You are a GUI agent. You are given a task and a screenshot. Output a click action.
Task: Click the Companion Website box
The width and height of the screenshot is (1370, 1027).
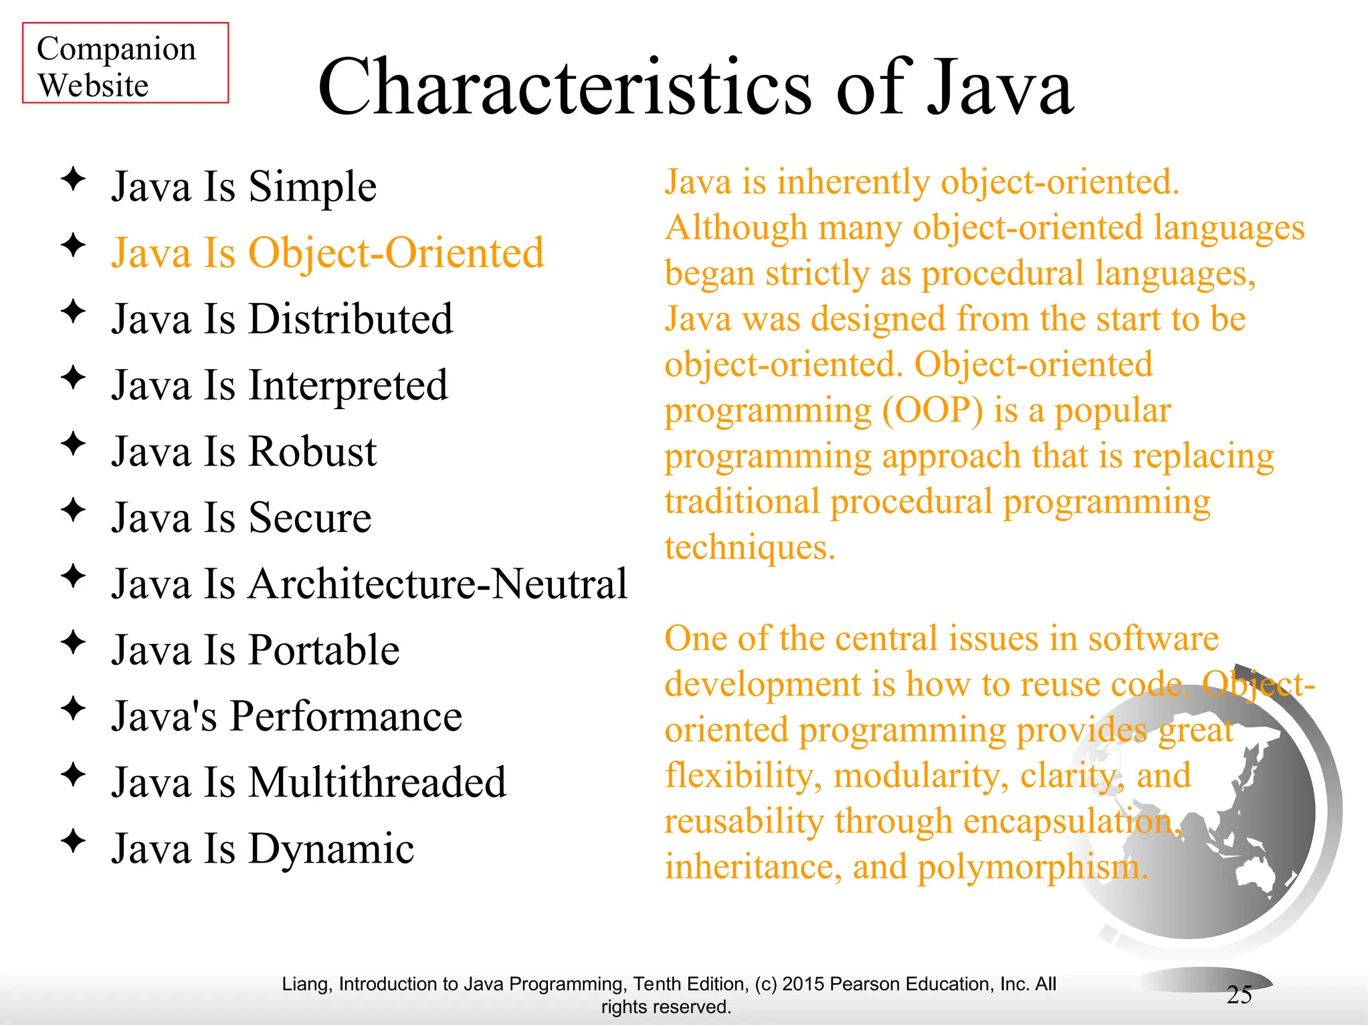click(125, 64)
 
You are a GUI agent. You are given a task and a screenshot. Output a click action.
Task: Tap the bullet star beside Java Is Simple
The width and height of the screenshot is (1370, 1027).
click(73, 179)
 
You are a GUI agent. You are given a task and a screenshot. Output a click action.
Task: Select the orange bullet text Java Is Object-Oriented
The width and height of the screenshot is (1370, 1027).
click(327, 253)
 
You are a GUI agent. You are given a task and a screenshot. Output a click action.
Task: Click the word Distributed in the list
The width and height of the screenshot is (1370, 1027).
click(351, 319)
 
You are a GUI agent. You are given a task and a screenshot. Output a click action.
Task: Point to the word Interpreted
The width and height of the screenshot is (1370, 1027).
click(348, 386)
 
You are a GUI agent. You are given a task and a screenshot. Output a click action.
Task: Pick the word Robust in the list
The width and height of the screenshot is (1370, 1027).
click(312, 451)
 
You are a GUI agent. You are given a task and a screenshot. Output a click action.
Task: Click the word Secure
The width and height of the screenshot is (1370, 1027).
click(310, 518)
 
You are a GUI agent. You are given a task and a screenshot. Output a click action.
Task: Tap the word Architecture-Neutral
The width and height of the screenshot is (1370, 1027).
click(437, 584)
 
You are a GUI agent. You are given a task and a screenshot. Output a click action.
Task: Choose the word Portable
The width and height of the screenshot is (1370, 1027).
click(324, 650)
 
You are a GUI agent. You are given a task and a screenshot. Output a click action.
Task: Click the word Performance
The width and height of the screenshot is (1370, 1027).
click(346, 716)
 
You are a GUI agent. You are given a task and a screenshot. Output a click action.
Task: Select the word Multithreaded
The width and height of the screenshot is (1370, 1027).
click(377, 782)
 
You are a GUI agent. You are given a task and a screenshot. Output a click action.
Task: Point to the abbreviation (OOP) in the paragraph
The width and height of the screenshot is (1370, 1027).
click(933, 411)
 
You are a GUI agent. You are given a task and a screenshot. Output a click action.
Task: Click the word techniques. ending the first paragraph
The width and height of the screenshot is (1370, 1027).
click(750, 548)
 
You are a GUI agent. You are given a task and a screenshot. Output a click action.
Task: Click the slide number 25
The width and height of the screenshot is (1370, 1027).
click(1239, 995)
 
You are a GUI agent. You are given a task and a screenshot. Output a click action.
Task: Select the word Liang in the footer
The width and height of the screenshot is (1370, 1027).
click(305, 984)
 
